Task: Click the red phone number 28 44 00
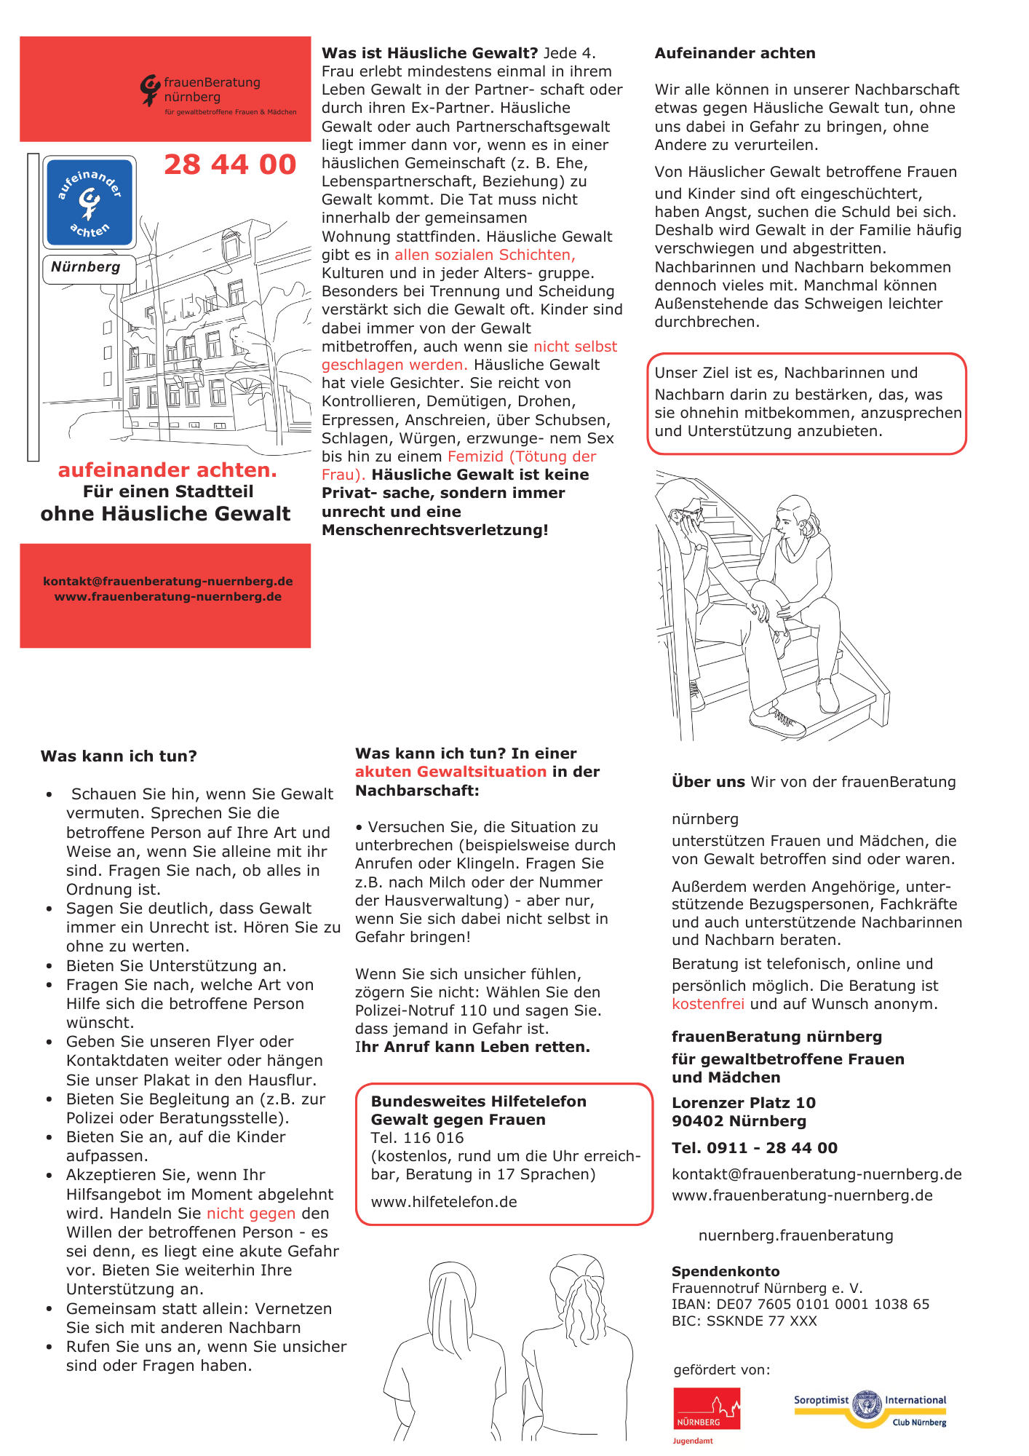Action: point(230,165)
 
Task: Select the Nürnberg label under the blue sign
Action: point(86,267)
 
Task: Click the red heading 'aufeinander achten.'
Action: point(167,470)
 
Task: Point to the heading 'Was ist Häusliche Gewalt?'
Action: point(429,53)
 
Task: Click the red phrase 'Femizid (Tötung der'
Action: point(522,456)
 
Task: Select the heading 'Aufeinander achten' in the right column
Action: point(735,53)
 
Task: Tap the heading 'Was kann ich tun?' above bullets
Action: point(119,756)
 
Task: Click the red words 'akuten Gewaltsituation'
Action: point(450,772)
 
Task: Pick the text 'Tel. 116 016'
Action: point(417,1138)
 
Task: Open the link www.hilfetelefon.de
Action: point(444,1202)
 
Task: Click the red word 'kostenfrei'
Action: point(707,1004)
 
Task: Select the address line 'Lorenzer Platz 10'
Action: point(743,1103)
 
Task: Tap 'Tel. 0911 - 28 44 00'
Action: point(754,1148)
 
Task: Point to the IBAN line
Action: point(800,1304)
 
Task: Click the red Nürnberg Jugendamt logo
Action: point(706,1409)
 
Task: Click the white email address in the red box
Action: point(168,581)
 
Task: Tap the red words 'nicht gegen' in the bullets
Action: point(251,1214)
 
